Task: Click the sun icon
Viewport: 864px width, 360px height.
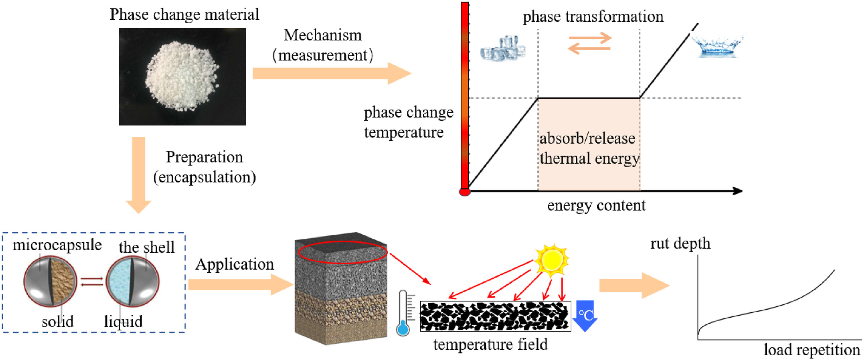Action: pos(552,260)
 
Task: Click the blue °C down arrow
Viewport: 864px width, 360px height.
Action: pos(585,315)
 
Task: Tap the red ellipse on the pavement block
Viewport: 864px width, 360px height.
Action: pos(342,252)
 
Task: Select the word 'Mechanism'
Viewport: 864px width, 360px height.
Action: pos(323,35)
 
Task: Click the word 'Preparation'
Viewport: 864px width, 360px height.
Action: pos(204,157)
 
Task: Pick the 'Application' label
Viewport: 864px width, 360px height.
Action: pos(234,264)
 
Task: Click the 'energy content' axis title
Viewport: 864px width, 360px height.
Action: pos(596,206)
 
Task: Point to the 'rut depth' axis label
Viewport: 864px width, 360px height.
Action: pos(680,243)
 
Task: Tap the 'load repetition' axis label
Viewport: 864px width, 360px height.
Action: pos(812,350)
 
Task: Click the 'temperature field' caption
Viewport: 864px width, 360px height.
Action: pos(490,344)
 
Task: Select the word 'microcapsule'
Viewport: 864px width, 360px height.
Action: pos(57,244)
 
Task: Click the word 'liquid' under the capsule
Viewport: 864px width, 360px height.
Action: pos(123,322)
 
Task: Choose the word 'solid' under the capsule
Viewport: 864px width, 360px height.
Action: pos(58,322)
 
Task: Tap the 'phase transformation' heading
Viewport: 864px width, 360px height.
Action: pos(593,17)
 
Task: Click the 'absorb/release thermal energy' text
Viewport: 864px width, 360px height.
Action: pos(589,148)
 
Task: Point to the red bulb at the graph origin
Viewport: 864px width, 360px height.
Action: pos(465,192)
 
